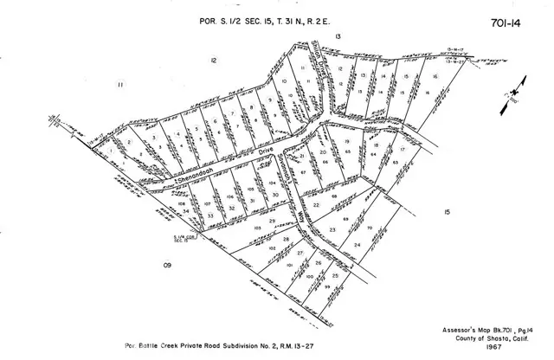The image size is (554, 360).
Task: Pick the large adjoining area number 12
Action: [213, 59]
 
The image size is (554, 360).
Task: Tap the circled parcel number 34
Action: [185, 210]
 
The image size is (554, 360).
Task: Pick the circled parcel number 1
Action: [114, 161]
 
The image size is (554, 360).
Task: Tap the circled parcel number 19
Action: [346, 140]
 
